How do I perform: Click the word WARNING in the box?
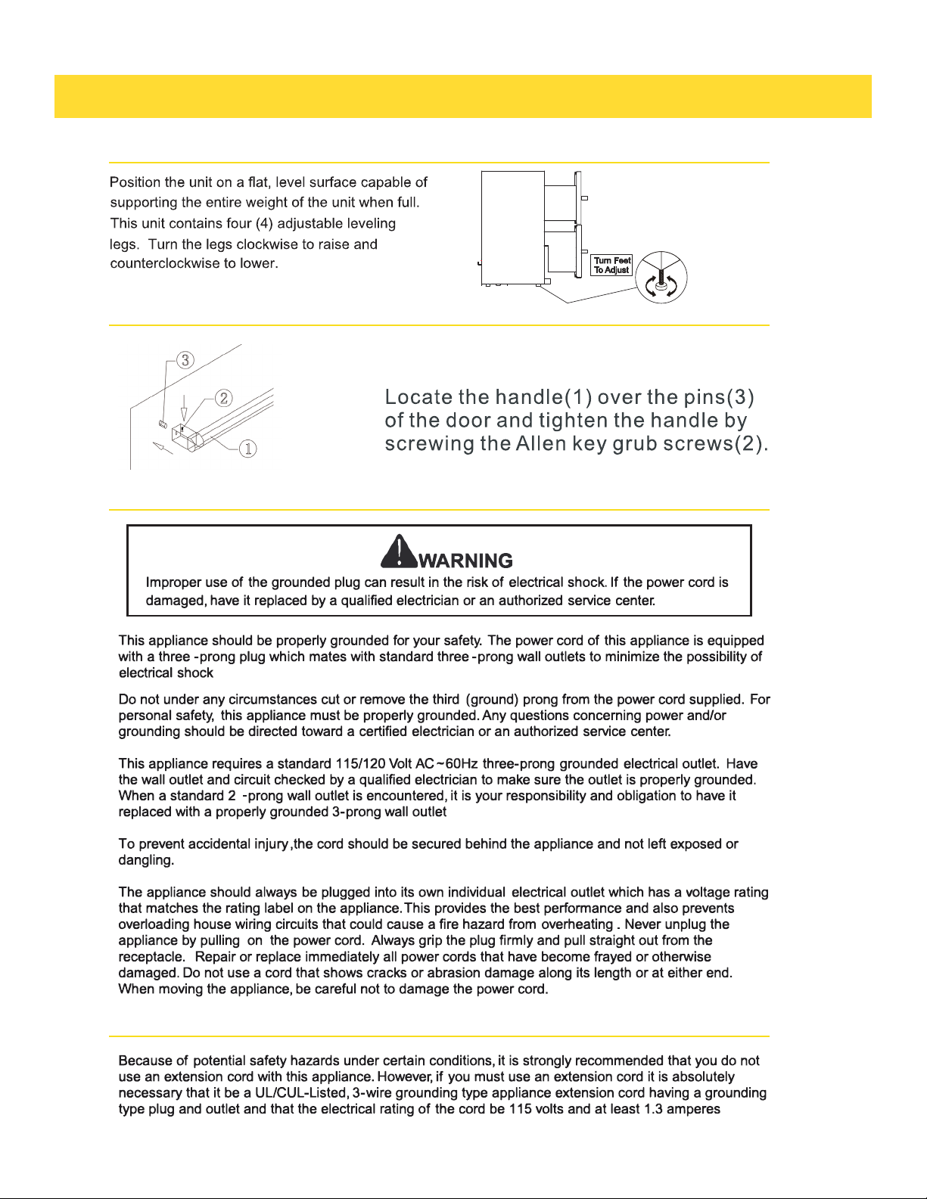465,561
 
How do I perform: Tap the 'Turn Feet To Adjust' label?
612,266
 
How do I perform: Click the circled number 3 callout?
186,360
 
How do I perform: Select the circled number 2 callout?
223,397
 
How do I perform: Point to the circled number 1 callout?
248,449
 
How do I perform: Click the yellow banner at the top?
462,96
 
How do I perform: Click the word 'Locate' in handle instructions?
419,398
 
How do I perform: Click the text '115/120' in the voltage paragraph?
360,764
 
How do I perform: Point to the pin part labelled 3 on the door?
163,423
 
